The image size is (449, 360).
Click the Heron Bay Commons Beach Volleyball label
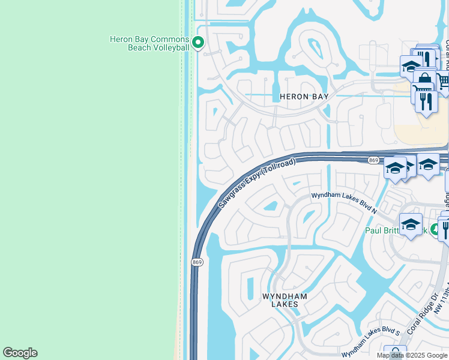pyautogui.click(x=149, y=43)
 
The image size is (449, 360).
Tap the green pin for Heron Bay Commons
pyautogui.click(x=198, y=43)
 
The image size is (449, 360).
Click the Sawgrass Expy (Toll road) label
pyautogui.click(x=258, y=183)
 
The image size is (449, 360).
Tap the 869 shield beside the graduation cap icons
pyautogui.click(x=373, y=160)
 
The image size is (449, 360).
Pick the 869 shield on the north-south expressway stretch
pyautogui.click(x=197, y=262)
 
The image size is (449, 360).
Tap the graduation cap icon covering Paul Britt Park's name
pyautogui.click(x=411, y=224)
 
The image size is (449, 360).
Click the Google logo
pyautogui.click(x=20, y=353)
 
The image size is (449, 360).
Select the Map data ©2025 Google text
pyautogui.click(x=412, y=355)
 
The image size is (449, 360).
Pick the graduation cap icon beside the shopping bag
pyautogui.click(x=411, y=65)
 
